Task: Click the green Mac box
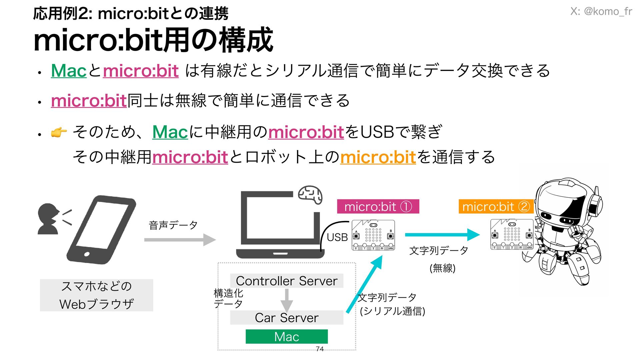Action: click(287, 336)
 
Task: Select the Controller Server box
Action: click(287, 281)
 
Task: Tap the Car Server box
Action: click(287, 318)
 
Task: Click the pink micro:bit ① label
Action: click(378, 207)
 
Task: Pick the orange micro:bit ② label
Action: click(496, 207)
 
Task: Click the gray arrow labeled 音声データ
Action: click(180, 240)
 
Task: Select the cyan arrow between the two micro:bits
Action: click(442, 235)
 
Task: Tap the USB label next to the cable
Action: click(337, 237)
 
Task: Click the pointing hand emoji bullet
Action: click(59, 133)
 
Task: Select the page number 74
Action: click(320, 349)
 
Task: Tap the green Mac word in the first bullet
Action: click(69, 71)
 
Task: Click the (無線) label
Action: click(442, 268)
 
